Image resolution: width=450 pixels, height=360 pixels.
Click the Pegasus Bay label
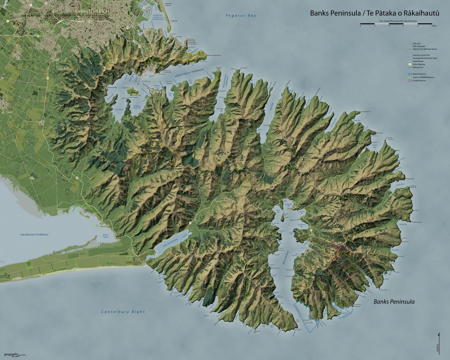click(241, 15)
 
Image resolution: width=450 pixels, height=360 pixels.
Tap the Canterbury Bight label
click(123, 311)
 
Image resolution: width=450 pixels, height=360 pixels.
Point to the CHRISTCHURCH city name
click(92, 11)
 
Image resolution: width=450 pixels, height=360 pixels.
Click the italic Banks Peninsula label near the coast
click(394, 302)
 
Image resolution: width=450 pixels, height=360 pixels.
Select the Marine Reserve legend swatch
click(409, 74)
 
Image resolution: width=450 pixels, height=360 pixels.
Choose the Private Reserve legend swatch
click(409, 81)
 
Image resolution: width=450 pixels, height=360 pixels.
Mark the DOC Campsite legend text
click(419, 46)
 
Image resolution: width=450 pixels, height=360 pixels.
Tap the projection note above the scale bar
click(398, 21)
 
